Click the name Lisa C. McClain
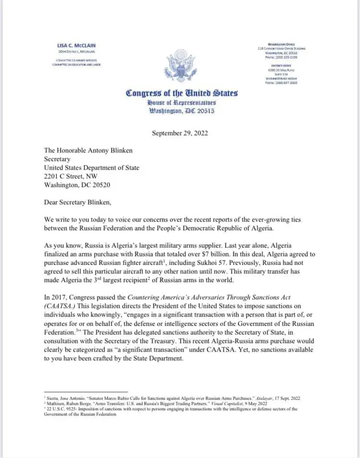coord(76,45)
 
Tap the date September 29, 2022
coord(180,133)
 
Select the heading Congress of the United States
coord(181,93)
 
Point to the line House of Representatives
coord(181,102)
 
